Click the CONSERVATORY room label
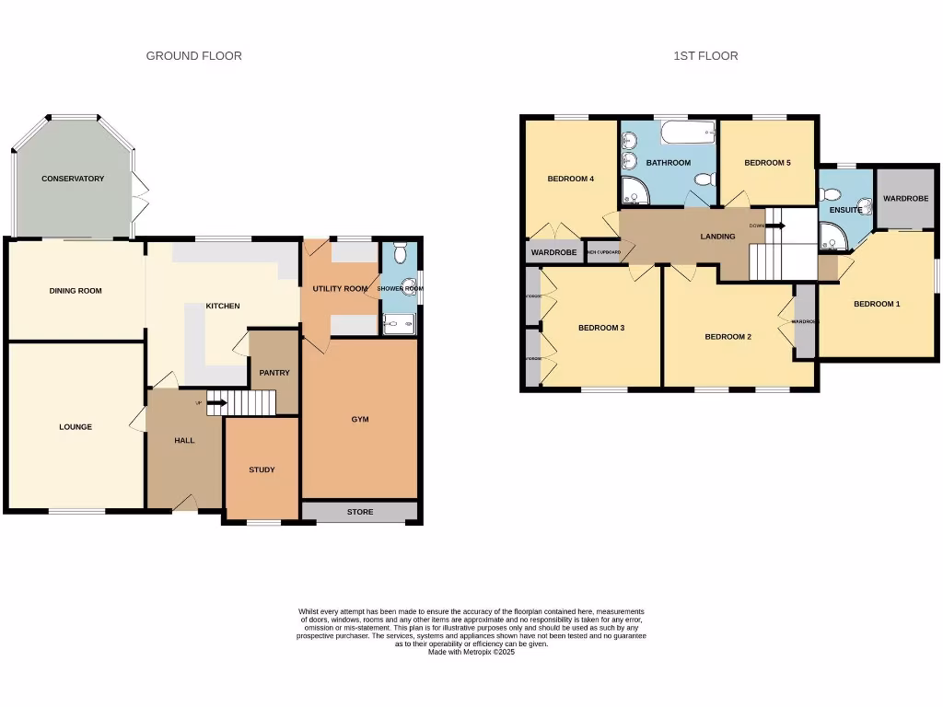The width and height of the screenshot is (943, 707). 73,179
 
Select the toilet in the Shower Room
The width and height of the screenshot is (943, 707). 399,253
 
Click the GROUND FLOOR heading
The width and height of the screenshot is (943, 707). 194,56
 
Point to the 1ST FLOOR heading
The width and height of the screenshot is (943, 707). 705,56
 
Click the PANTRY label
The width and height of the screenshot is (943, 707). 274,373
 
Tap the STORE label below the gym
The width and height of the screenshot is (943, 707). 360,512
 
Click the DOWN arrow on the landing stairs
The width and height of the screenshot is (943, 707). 776,225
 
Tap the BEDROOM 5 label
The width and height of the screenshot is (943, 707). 767,163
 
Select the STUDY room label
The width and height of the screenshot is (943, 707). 262,470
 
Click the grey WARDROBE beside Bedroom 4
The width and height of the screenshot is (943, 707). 553,252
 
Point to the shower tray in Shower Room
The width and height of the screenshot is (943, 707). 399,322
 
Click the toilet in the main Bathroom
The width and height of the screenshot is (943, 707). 704,179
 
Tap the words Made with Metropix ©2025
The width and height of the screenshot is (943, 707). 471,652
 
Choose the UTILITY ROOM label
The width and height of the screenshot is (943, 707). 340,289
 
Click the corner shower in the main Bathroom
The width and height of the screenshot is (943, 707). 634,191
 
